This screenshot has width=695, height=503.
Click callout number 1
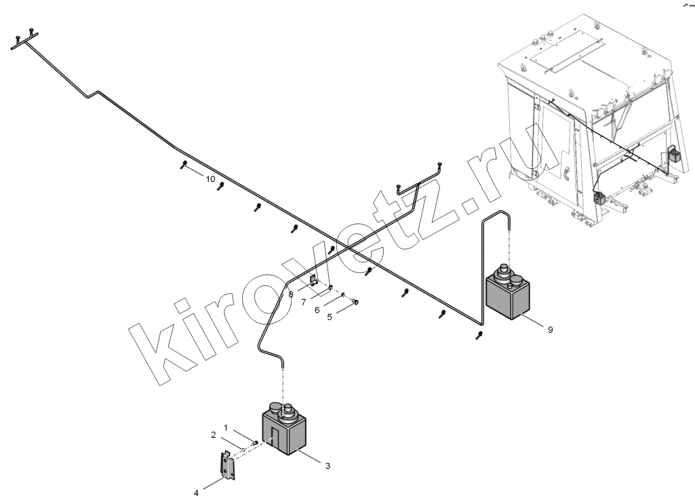point(226,428)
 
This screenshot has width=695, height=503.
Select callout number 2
point(213,435)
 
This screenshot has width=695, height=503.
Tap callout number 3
point(327,466)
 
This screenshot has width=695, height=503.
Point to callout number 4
point(195,492)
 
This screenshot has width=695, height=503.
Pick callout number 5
point(330,317)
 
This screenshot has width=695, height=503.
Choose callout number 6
point(317,310)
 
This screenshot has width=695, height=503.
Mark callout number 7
point(304,303)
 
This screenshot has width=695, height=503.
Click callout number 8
point(291,294)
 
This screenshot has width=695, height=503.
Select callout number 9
point(550,330)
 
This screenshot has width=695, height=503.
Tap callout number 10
point(210,179)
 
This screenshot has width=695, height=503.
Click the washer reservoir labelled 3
point(284,428)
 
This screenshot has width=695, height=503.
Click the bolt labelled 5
point(355,303)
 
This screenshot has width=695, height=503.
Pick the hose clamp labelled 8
point(313,281)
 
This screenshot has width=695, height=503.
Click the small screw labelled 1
point(255,442)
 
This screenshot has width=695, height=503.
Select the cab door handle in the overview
point(567,174)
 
